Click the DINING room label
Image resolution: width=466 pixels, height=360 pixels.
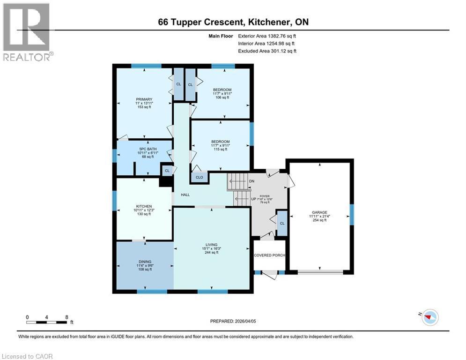tap(144, 262)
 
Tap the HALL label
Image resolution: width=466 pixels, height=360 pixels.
tap(185, 195)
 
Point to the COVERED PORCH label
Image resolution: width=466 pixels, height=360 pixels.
tap(269, 255)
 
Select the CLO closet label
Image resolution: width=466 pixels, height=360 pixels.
tap(199, 177)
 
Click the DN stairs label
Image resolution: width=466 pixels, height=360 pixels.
tap(251, 181)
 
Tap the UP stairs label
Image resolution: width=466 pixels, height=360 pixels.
tap(253, 199)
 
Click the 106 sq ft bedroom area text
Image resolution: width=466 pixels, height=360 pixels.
tap(222, 98)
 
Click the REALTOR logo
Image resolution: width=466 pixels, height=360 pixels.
tap(27, 32)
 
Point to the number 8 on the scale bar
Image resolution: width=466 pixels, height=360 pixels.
tap(67, 316)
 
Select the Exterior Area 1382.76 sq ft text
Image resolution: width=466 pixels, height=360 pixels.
tap(267, 35)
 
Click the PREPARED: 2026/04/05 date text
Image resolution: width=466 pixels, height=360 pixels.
tap(233, 321)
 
